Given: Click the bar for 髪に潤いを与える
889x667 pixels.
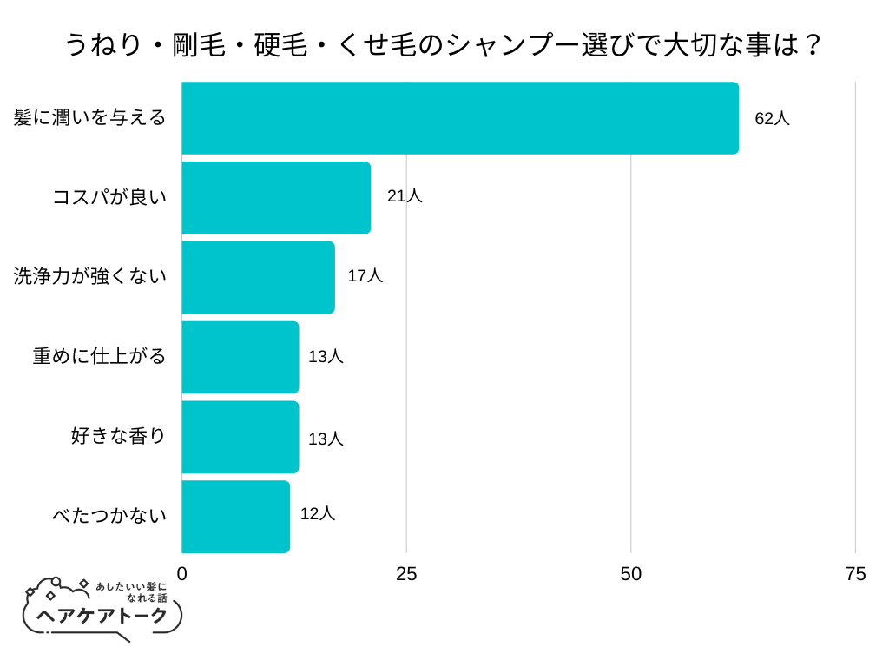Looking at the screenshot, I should pyautogui.click(x=460, y=118).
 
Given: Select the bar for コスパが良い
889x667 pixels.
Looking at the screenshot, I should pyautogui.click(x=276, y=198).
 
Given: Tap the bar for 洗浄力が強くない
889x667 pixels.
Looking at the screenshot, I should pyautogui.click(x=258, y=277).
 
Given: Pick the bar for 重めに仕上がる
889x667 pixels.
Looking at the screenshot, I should pyautogui.click(x=240, y=357).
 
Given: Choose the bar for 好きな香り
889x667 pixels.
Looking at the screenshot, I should pyautogui.click(x=240, y=437).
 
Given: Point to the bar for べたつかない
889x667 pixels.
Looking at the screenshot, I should pyautogui.click(x=235, y=517).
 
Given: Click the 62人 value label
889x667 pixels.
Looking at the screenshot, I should pyautogui.click(x=772, y=119).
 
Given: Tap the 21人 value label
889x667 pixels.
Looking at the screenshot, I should pyautogui.click(x=405, y=196).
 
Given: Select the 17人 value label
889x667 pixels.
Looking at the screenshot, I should pyautogui.click(x=365, y=276).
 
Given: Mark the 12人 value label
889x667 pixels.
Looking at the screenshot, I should pyautogui.click(x=317, y=513).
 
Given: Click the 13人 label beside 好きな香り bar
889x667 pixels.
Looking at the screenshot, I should pyautogui.click(x=326, y=439).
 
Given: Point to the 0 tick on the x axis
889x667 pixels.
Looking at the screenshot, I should pyautogui.click(x=182, y=574).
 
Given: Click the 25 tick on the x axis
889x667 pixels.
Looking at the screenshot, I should pyautogui.click(x=406, y=574).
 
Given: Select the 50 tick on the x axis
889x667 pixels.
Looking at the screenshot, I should pyautogui.click(x=631, y=574).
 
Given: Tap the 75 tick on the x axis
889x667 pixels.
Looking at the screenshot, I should pyautogui.click(x=855, y=574).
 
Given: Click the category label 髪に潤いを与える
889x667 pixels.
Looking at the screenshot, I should pyautogui.click(x=89, y=118).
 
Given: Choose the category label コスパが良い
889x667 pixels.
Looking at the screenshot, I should pyautogui.click(x=109, y=198).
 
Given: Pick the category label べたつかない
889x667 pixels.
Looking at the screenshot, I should pyautogui.click(x=109, y=517).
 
